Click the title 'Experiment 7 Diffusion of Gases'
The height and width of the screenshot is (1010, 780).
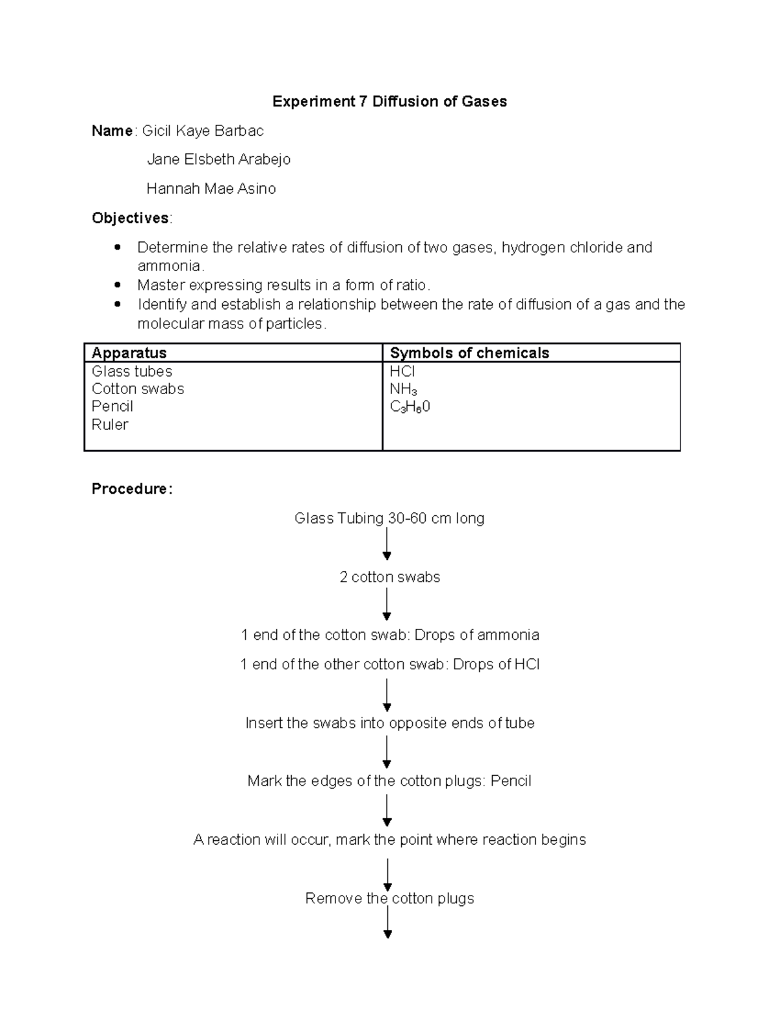pyautogui.click(x=389, y=101)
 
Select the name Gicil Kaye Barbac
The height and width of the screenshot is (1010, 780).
pyautogui.click(x=203, y=131)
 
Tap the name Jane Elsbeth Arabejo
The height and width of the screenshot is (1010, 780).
pyautogui.click(x=218, y=159)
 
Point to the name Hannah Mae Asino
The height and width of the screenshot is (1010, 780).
pyautogui.click(x=211, y=189)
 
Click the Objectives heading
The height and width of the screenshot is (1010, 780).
pyautogui.click(x=131, y=218)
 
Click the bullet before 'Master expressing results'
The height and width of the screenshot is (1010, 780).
pyautogui.click(x=118, y=285)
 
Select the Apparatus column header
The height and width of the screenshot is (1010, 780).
pyautogui.click(x=129, y=352)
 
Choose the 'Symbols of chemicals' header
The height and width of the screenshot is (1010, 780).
pyautogui.click(x=469, y=352)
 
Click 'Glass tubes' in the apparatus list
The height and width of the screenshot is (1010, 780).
pyautogui.click(x=132, y=371)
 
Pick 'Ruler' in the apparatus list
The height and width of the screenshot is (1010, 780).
pyautogui.click(x=110, y=425)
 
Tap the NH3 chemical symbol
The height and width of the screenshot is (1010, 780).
pyautogui.click(x=403, y=390)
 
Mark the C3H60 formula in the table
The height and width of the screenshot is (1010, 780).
pyautogui.click(x=409, y=407)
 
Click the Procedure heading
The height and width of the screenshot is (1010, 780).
pyautogui.click(x=132, y=489)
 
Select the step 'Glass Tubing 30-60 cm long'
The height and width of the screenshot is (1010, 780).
pyautogui.click(x=389, y=518)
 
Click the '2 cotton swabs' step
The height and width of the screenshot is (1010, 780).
pyautogui.click(x=389, y=578)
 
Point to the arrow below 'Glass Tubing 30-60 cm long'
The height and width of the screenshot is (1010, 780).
pyautogui.click(x=387, y=544)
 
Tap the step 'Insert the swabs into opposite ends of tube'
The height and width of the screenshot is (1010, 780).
pyautogui.click(x=389, y=723)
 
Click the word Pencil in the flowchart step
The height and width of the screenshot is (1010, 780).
pyautogui.click(x=511, y=781)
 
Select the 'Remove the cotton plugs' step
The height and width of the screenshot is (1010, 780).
pyautogui.click(x=389, y=899)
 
